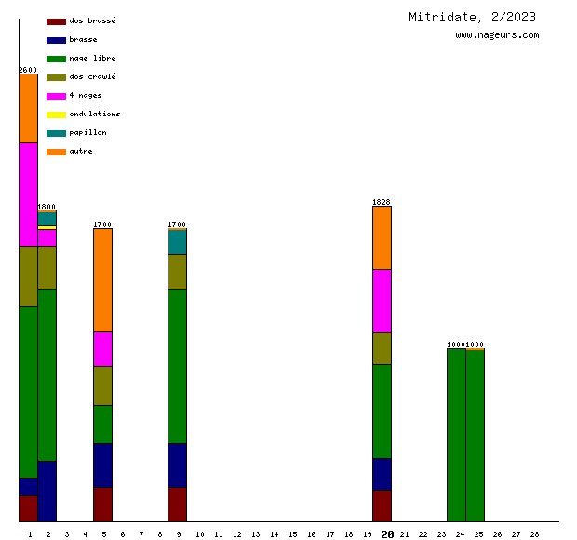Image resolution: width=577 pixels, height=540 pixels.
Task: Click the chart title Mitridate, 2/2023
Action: tap(472, 17)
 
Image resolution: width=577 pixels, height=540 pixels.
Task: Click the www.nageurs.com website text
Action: tap(497, 35)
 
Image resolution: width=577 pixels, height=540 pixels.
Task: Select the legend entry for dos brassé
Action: tap(92, 20)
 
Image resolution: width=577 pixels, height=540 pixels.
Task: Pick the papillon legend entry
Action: tap(87, 132)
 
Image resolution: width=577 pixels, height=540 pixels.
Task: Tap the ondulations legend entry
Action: tap(94, 114)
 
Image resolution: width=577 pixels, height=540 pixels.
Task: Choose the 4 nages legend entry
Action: tap(86, 95)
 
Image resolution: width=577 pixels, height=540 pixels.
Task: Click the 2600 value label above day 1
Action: tap(28, 70)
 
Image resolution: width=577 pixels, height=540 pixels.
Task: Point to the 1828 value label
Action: tap(382, 202)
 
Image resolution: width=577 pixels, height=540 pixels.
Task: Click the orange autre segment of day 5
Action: tap(102, 279)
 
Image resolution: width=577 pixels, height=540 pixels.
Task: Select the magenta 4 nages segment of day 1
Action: tap(28, 194)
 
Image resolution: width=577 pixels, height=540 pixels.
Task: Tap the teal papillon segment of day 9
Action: tap(177, 242)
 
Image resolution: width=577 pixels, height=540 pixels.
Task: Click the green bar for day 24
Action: tap(456, 435)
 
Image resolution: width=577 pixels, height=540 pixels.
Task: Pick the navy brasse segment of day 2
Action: tap(47, 491)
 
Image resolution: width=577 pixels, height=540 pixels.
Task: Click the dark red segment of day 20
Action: tap(382, 506)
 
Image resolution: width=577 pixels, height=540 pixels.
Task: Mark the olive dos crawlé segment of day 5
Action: tap(102, 385)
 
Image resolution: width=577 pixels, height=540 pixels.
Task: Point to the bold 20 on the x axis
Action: tap(387, 534)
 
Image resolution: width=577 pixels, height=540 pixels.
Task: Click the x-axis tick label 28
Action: tap(534, 534)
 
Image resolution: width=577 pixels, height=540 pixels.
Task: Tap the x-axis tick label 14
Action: tap(274, 534)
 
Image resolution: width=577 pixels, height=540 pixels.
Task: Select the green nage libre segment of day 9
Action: tap(177, 366)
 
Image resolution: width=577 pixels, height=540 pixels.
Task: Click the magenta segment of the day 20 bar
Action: tap(382, 301)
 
